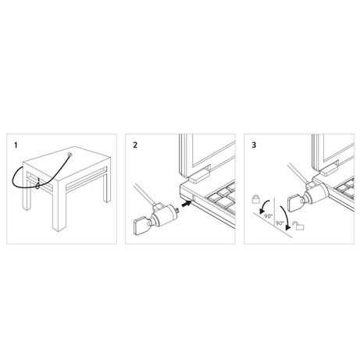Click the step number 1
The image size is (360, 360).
[16, 145]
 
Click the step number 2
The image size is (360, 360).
[135, 145]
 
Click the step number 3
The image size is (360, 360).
[254, 145]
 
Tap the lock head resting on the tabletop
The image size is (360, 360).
[70, 154]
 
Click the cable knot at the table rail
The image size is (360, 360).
[37, 185]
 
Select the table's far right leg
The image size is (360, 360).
[107, 187]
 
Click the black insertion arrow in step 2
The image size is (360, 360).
[186, 204]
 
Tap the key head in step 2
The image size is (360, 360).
[140, 226]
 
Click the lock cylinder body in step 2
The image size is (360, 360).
[166, 215]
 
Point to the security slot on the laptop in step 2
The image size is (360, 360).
[194, 198]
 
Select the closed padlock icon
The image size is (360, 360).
[256, 198]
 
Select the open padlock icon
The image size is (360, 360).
[300, 226]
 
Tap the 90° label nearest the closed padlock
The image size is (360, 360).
[269, 216]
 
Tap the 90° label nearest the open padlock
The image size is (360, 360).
[280, 223]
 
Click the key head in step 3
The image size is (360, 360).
[294, 204]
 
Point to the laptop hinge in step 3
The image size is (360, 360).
[330, 169]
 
